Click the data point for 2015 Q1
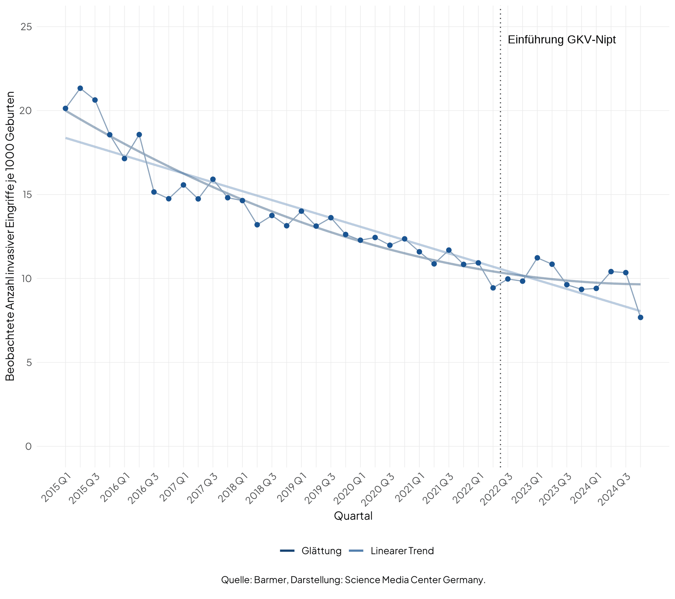[65, 109]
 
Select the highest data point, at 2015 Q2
[80, 88]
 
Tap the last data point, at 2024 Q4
[640, 317]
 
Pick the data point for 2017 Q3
[213, 179]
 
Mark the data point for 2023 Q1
[537, 258]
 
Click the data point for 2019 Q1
[301, 211]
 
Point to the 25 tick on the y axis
[26, 27]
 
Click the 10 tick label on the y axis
[26, 279]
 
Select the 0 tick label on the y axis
[28, 447]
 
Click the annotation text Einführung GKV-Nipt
[561, 39]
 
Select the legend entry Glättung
[321, 551]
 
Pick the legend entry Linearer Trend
[402, 551]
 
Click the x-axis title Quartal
[353, 516]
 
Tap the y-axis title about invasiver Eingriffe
[10, 236]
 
